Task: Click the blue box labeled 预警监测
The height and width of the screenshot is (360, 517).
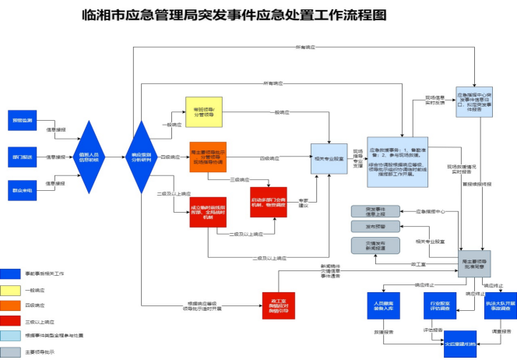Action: tap(22, 121)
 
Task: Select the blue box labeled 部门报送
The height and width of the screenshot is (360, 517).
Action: tap(22, 157)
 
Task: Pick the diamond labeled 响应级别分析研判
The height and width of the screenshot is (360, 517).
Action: tap(142, 157)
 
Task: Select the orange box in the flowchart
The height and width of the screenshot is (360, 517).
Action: tap(208, 157)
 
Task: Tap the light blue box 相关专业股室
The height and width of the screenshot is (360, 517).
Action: tap(328, 158)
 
